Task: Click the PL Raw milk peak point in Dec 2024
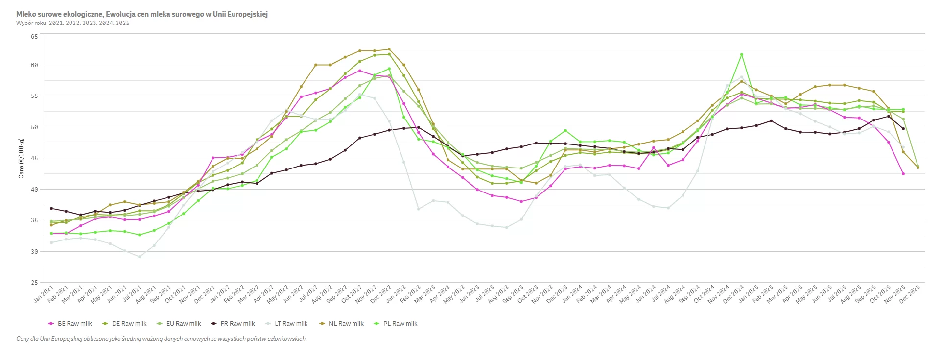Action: click(x=742, y=54)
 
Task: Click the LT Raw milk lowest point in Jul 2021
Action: click(x=140, y=257)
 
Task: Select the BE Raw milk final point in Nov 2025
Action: click(x=903, y=174)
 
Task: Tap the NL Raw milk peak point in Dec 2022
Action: click(x=389, y=49)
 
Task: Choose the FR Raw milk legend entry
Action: click(x=237, y=324)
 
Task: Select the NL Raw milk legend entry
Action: click(x=346, y=324)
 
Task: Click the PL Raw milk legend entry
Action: click(x=400, y=324)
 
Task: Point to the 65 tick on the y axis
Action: click(x=34, y=37)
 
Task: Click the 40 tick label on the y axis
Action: click(x=34, y=190)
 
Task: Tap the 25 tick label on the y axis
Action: click(x=34, y=283)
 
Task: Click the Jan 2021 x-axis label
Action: click(x=44, y=294)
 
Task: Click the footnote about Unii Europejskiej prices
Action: click(x=162, y=339)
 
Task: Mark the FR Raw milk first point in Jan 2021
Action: click(x=51, y=208)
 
